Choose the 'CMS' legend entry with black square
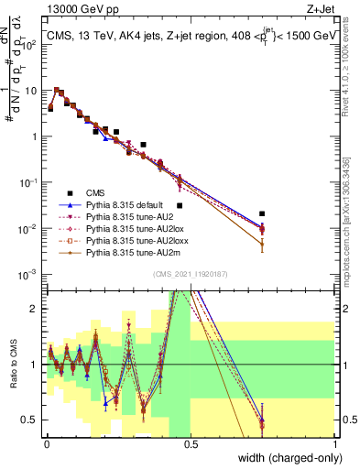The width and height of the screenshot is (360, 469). coord(94,193)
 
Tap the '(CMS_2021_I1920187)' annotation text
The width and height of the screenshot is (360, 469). coord(191,273)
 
